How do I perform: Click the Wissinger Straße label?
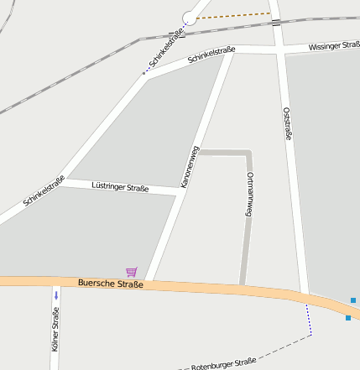pyautogui.click(x=333, y=47)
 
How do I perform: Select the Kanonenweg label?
pyautogui.click(x=190, y=165)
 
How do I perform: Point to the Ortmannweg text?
pyautogui.click(x=249, y=195)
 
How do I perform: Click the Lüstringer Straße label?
pyautogui.click(x=120, y=187)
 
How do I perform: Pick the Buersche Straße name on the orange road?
pyautogui.click(x=110, y=284)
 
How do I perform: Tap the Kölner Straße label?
pyautogui.click(x=55, y=330)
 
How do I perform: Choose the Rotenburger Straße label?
pyautogui.click(x=223, y=363)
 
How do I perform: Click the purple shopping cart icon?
pyautogui.click(x=131, y=271)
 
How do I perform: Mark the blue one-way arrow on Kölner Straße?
pyautogui.click(x=56, y=295)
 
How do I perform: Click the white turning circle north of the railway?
pyautogui.click(x=189, y=18)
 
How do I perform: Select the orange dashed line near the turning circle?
pyautogui.click(x=235, y=15)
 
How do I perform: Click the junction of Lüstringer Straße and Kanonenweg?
pyautogui.click(x=179, y=191)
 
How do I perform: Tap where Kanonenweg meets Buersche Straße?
pyautogui.click(x=151, y=280)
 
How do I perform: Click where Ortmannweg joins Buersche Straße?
pyautogui.click(x=242, y=287)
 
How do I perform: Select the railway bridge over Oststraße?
pyautogui.click(x=276, y=22)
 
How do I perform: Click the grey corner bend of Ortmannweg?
pyautogui.click(x=248, y=153)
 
